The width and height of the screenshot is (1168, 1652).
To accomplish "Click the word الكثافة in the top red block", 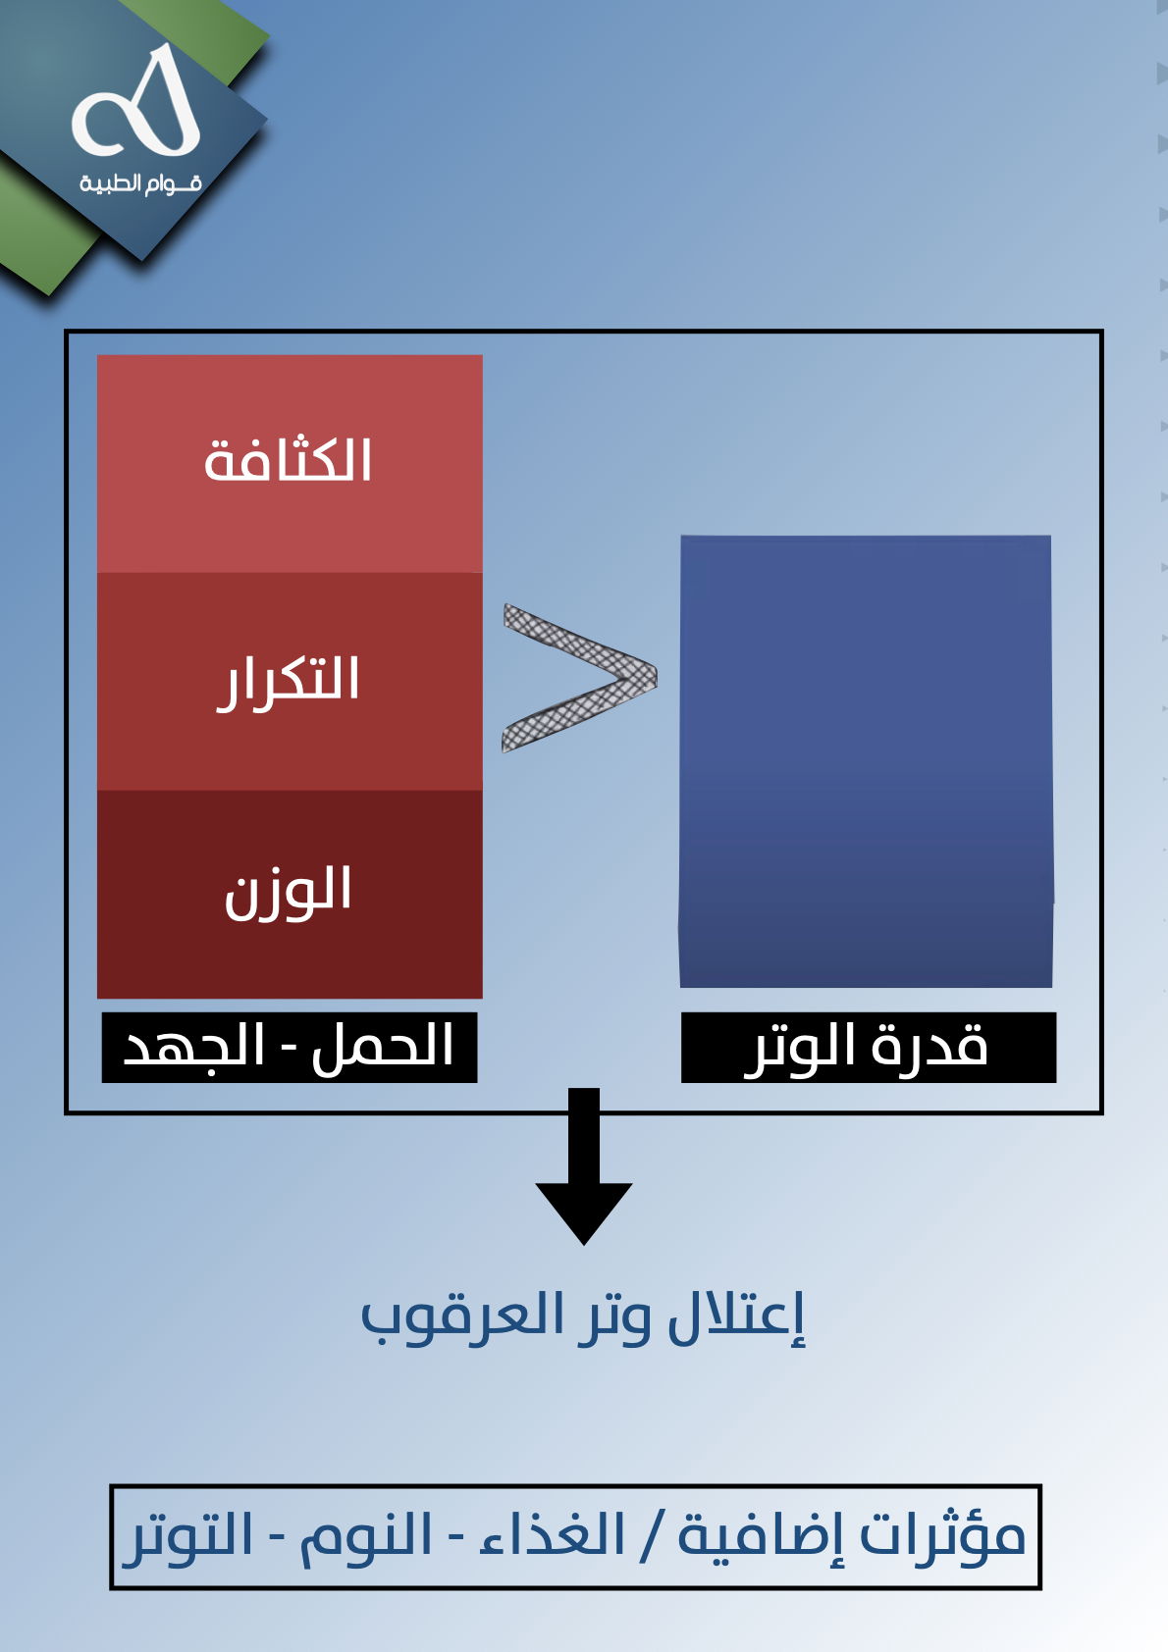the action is click(287, 459).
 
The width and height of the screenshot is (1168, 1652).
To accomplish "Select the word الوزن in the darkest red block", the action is click(288, 893).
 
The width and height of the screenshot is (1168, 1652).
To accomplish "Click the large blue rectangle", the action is click(867, 761).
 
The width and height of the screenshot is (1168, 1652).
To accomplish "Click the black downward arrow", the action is click(584, 1166).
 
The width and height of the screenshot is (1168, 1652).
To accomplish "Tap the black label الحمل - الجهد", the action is click(290, 1048).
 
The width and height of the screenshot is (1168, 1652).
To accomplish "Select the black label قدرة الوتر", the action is click(869, 1048).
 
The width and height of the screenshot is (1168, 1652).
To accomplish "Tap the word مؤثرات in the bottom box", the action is click(943, 1536).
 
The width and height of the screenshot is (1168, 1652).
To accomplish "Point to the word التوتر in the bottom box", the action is click(187, 1537).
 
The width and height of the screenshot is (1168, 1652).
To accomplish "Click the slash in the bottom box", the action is click(651, 1537).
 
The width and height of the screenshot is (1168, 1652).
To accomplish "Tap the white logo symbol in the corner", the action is click(137, 102).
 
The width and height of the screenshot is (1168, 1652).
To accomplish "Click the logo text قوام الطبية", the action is click(140, 182).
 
